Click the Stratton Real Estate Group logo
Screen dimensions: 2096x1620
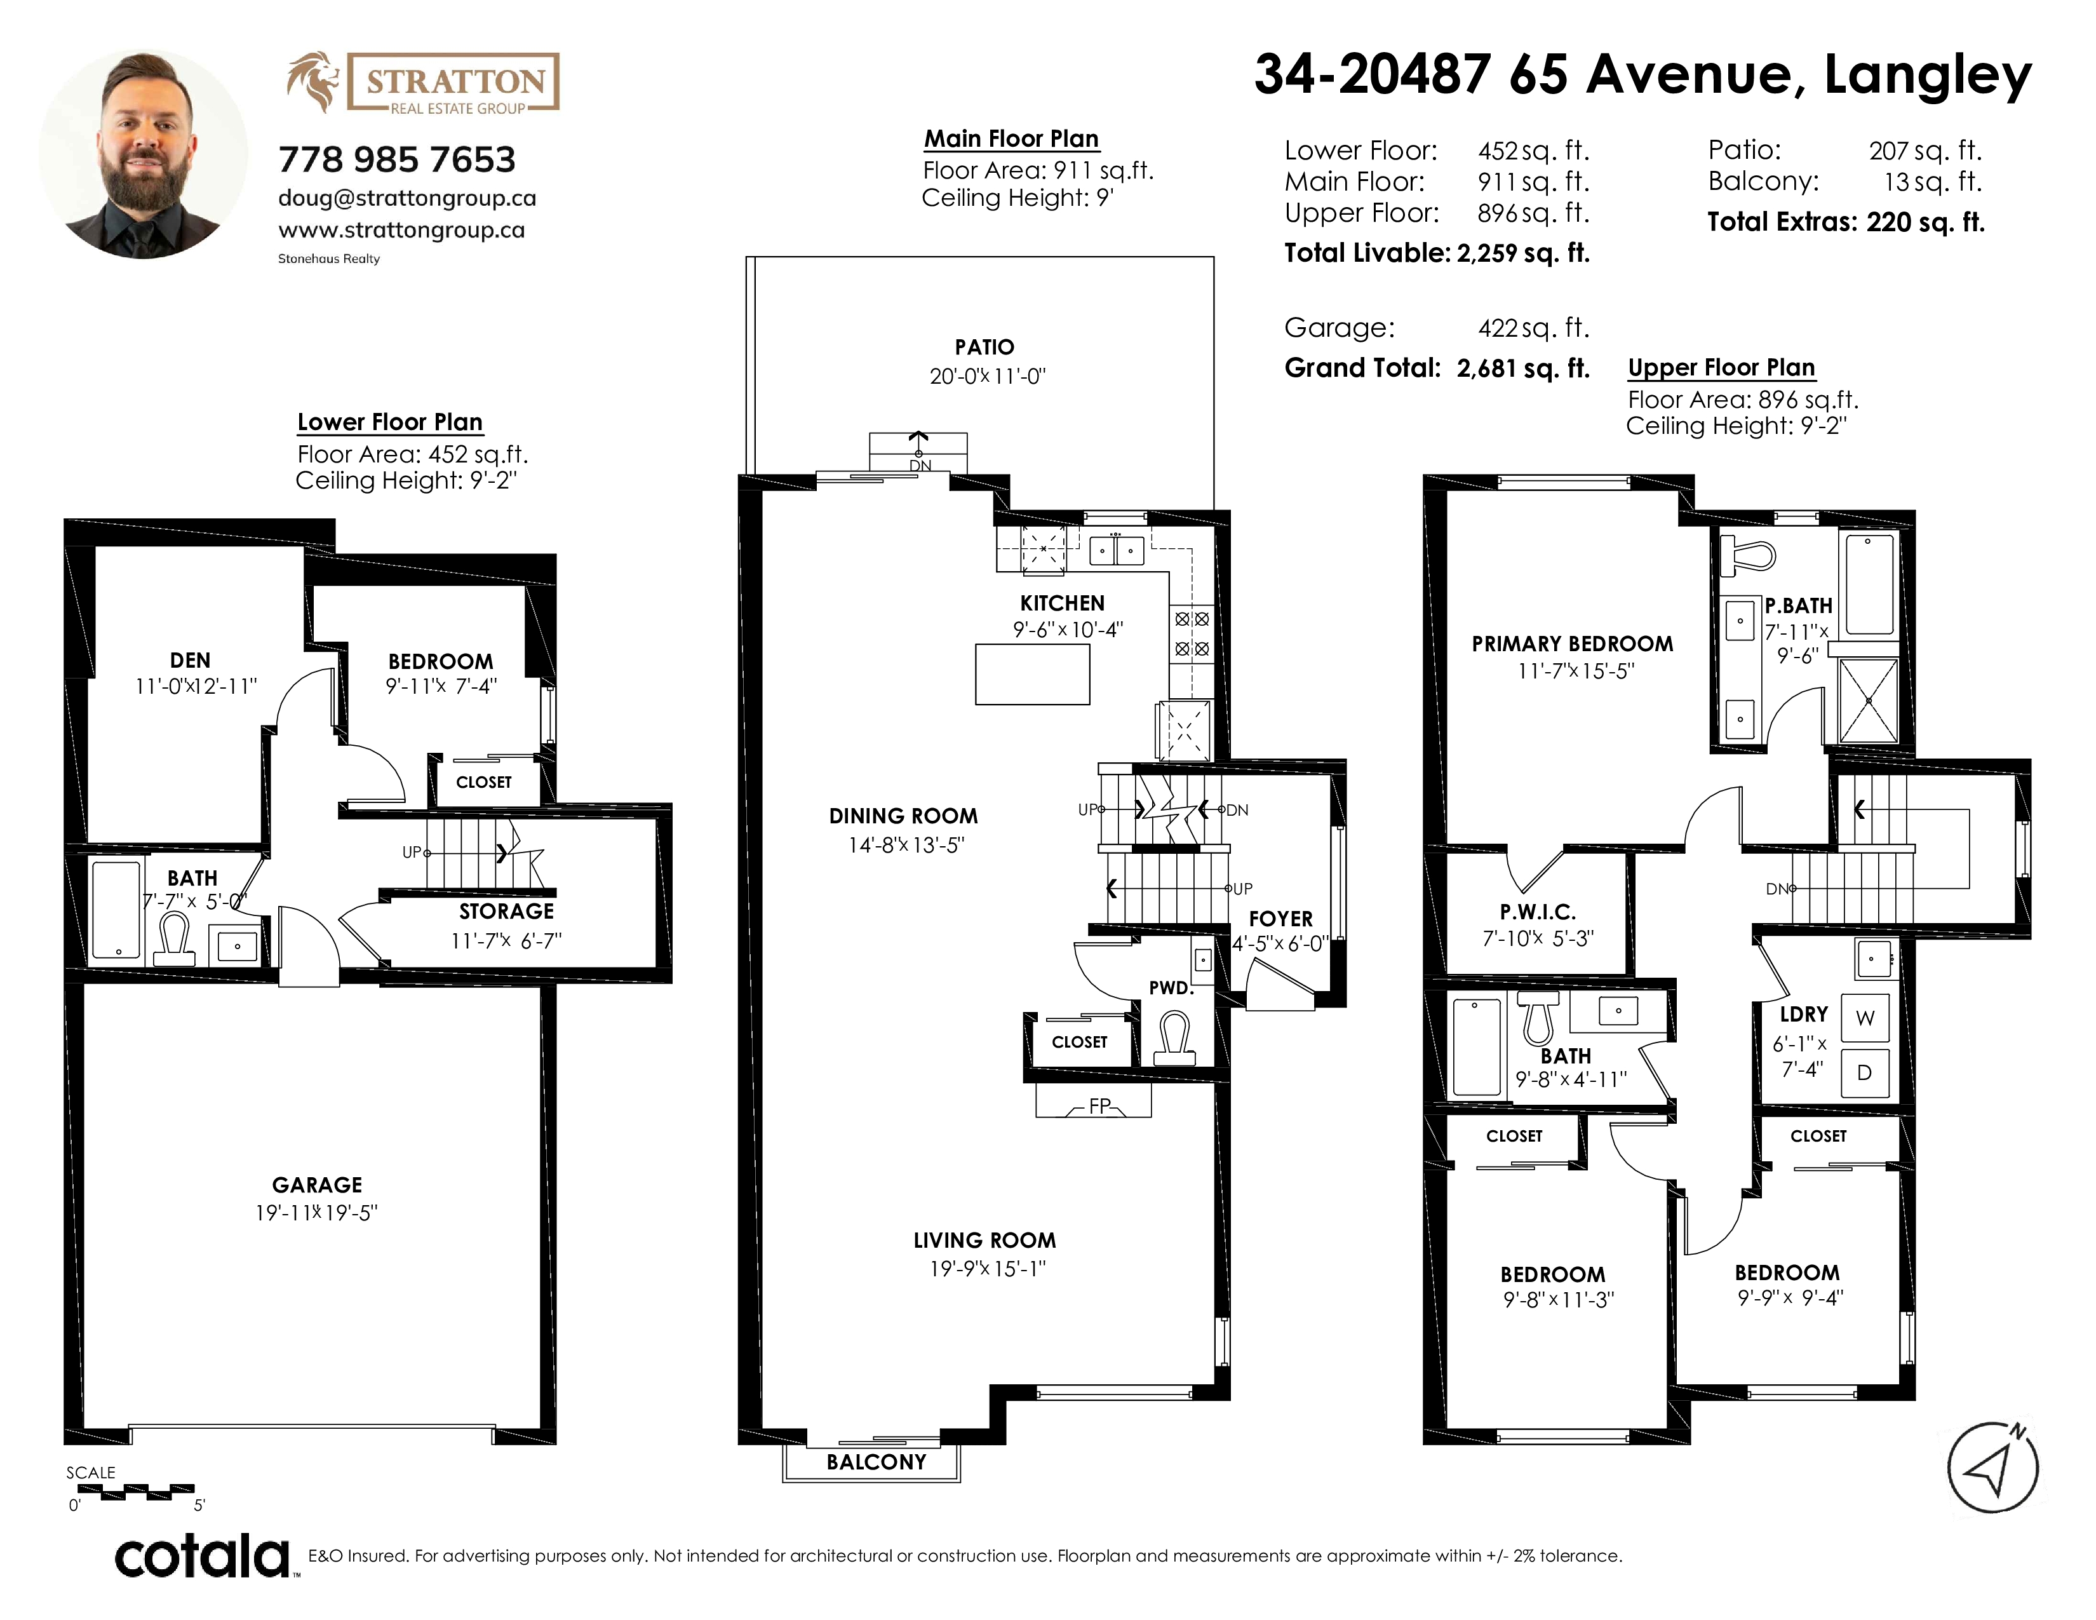point(422,83)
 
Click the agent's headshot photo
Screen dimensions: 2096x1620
point(143,154)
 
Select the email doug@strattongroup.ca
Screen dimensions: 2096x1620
point(407,198)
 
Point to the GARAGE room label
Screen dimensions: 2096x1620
point(317,1185)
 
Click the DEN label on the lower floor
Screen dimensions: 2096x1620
point(190,660)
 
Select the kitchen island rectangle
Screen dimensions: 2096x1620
point(1033,675)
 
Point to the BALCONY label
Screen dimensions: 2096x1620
point(877,1462)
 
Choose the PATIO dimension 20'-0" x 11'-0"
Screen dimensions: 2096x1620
point(986,376)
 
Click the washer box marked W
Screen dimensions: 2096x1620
point(1865,1018)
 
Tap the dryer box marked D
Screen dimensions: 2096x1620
point(1865,1073)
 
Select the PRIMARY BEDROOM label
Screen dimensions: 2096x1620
point(1572,644)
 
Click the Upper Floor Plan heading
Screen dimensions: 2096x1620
point(1721,368)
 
